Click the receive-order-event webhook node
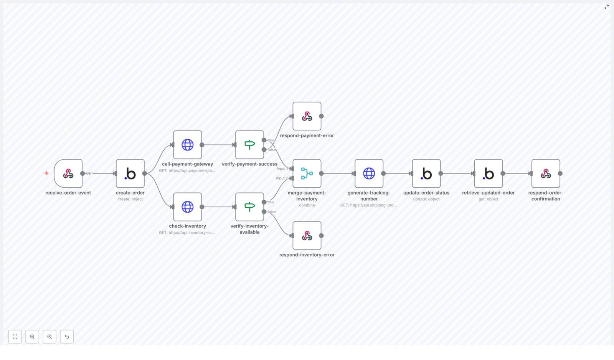tap(68, 173)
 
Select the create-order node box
tap(130, 173)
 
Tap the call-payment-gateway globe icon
tap(187, 145)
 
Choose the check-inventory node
tap(187, 207)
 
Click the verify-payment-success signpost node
tap(249, 145)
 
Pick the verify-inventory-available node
tap(249, 207)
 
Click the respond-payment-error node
tap(307, 116)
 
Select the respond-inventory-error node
tap(307, 235)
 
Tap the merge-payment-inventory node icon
tap(307, 173)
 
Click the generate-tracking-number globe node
tap(369, 173)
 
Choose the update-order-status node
tap(426, 173)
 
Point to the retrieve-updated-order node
tap(488, 173)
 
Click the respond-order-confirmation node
tap(545, 173)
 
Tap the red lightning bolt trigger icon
tap(47, 173)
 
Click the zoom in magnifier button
tap(32, 337)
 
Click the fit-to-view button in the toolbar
tap(15, 337)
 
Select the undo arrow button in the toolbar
tap(67, 337)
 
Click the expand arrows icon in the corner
tap(606, 7)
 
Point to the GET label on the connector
tap(89, 173)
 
